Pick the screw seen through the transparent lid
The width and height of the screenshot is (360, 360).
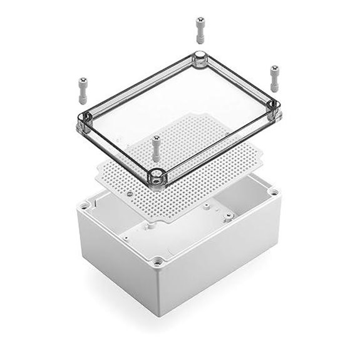pyautogui.click(x=154, y=148)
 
